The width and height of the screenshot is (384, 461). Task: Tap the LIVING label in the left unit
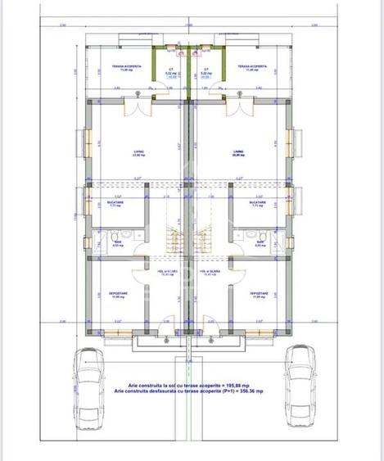[138, 151]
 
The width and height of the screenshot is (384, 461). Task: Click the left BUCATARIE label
[115, 203]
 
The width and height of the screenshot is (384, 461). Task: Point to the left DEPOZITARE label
[118, 294]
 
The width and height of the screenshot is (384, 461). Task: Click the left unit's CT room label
[170, 70]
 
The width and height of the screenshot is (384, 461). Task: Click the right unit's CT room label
[206, 70]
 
